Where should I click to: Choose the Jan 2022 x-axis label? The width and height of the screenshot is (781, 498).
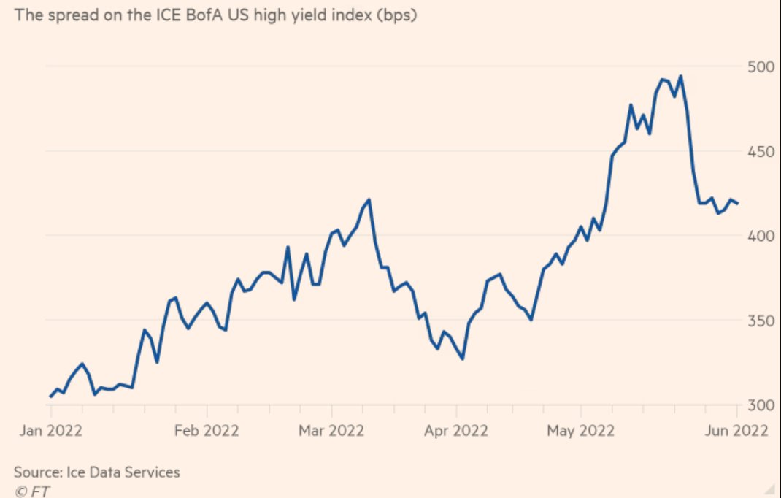[x=50, y=430]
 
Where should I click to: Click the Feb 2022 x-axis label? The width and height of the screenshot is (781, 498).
[x=207, y=430]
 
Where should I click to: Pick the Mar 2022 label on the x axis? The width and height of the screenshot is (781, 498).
[x=331, y=430]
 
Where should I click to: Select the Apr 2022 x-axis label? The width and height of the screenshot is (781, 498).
[x=456, y=430]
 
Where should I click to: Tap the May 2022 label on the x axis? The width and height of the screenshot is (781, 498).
[x=581, y=430]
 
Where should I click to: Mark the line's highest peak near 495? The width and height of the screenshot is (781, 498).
[x=680, y=76]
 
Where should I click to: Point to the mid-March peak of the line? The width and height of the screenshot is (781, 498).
[x=369, y=199]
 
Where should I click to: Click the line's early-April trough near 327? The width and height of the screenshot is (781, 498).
[x=463, y=359]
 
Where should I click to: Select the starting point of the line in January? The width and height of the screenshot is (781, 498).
[x=50, y=397]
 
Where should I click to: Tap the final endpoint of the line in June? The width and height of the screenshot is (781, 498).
[x=738, y=204]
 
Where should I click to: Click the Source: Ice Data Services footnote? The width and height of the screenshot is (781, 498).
[x=96, y=472]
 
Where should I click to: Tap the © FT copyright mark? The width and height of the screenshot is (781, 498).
[x=31, y=491]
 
